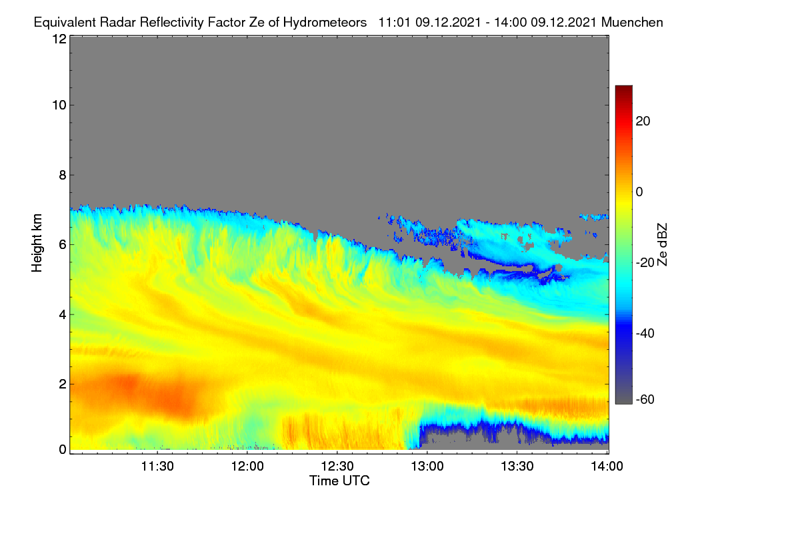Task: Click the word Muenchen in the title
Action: (x=632, y=22)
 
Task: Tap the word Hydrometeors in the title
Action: (x=325, y=23)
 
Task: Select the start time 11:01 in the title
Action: (x=395, y=22)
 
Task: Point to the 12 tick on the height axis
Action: (x=59, y=39)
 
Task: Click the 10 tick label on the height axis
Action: (x=59, y=105)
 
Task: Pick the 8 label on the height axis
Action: (x=63, y=175)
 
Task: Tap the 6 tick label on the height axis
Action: (x=63, y=245)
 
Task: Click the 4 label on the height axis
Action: (x=63, y=314)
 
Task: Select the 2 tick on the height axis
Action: (x=63, y=384)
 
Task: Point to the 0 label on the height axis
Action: (x=63, y=450)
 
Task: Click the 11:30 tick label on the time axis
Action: (x=157, y=466)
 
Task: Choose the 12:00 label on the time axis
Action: (x=247, y=466)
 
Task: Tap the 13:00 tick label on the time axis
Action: (x=427, y=466)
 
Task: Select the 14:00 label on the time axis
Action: (x=607, y=466)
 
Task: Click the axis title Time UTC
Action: (x=339, y=481)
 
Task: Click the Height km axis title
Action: (x=37, y=243)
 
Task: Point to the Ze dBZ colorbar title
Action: (x=662, y=245)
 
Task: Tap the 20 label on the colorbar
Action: (x=643, y=121)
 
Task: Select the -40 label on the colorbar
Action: (x=645, y=333)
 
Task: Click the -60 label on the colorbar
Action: (x=645, y=399)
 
